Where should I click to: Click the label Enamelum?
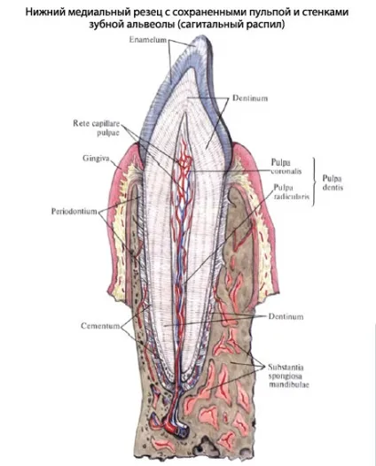[x=148, y=40]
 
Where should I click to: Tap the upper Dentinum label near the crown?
[x=250, y=98]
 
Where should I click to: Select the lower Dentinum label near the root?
[x=286, y=316]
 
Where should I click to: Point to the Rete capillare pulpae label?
[x=97, y=128]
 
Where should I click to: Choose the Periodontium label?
[x=74, y=212]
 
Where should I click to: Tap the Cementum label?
[x=100, y=326]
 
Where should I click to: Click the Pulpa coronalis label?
[x=286, y=167]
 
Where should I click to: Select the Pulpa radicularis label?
[x=292, y=191]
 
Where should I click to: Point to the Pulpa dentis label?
[x=333, y=183]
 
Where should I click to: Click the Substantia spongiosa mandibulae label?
[x=288, y=376]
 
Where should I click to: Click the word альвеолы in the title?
[x=150, y=25]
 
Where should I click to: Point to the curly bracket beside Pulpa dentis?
[x=314, y=182]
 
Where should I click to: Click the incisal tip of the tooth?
[x=204, y=37]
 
